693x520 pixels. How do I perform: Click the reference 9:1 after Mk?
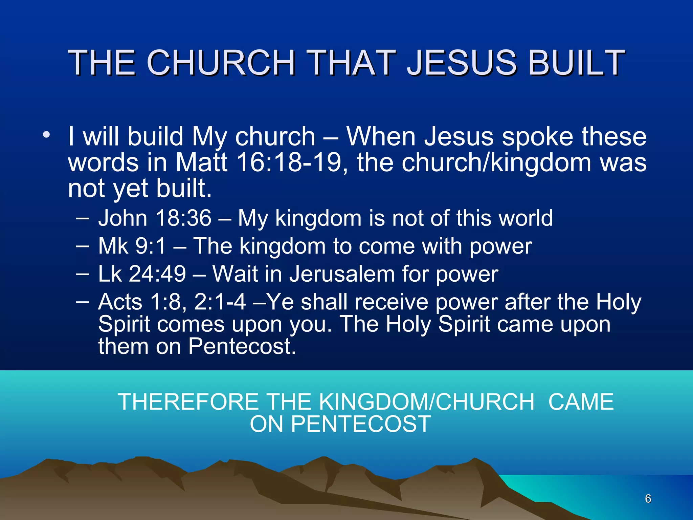150,246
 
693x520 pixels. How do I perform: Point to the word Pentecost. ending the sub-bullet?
242,346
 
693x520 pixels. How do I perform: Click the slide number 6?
648,499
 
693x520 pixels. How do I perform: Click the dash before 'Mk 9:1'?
82,246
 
